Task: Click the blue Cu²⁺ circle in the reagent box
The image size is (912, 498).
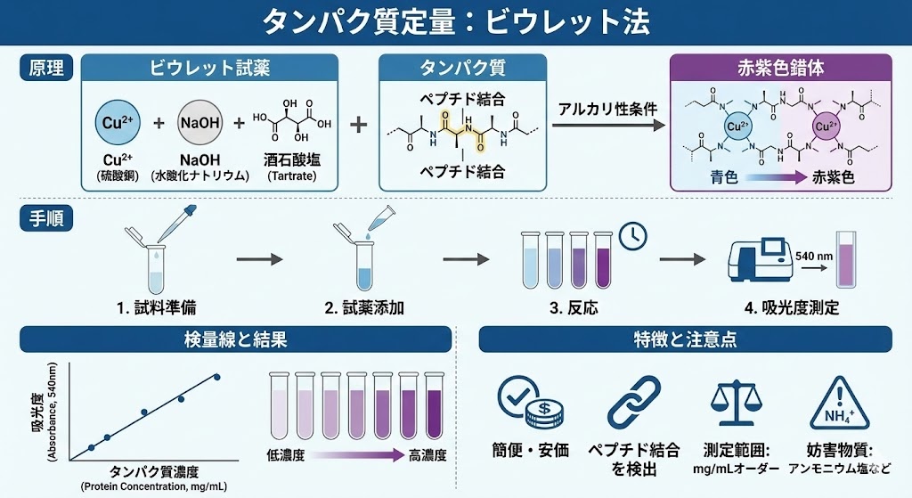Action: (116, 123)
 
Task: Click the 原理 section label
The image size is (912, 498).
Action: (45, 68)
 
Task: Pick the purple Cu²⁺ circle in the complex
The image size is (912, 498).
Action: (825, 127)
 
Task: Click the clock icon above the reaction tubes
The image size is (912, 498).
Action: (631, 234)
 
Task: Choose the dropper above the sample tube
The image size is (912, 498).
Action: (176, 222)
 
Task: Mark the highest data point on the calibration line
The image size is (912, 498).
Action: (216, 377)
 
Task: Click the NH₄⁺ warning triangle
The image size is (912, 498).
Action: (835, 406)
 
